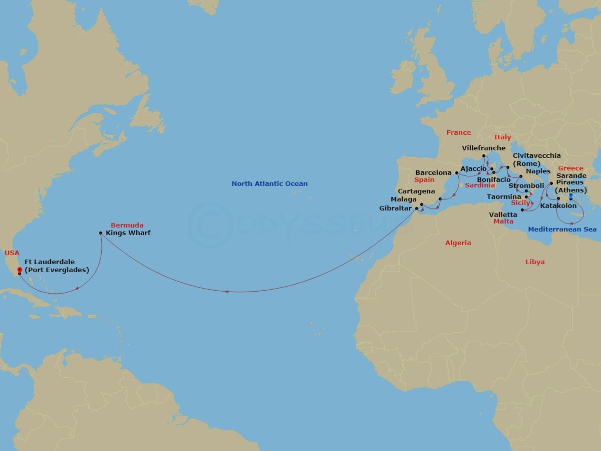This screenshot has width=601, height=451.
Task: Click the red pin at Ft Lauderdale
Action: [19, 271]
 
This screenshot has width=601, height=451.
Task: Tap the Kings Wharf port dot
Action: [101, 233]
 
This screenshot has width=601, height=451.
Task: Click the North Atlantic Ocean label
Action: [269, 184]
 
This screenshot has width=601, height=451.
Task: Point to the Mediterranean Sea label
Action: [562, 229]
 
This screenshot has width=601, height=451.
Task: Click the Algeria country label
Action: [458, 243]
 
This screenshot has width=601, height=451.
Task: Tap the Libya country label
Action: [535, 262]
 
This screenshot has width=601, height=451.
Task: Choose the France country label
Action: [459, 133]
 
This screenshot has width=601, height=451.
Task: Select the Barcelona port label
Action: [433, 173]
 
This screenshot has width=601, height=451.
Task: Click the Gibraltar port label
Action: [395, 208]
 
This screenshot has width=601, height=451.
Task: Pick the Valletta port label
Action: [503, 214]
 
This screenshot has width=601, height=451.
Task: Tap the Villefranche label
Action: [484, 148]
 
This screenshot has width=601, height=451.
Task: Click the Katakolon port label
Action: [558, 206]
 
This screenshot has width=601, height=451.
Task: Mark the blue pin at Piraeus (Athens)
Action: [570, 196]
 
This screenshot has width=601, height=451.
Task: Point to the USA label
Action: [12, 253]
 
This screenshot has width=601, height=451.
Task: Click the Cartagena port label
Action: [416, 191]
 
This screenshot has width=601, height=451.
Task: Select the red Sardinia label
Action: [480, 185]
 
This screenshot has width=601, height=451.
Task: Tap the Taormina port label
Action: [504, 197]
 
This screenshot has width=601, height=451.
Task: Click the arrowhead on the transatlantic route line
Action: [226, 292]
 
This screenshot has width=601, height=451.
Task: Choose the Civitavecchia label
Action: [536, 156]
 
